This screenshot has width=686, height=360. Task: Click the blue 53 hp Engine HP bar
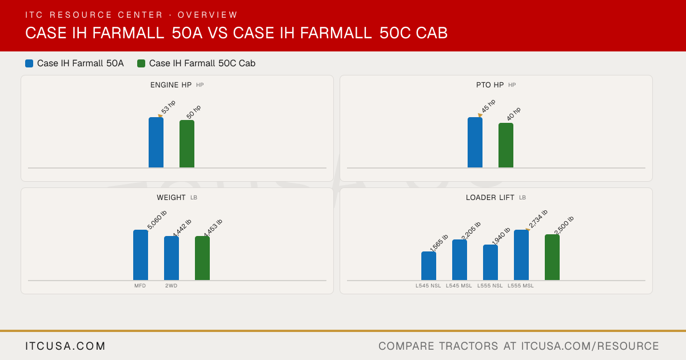[x=156, y=142]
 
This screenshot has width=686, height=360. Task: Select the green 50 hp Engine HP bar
[x=187, y=144]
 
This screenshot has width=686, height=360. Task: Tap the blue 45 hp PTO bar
[x=475, y=142]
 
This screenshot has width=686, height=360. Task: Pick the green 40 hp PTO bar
[x=506, y=145]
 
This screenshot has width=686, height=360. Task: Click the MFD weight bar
[x=141, y=255]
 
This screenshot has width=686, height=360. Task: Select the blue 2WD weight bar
[x=171, y=258]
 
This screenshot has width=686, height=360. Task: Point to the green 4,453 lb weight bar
[x=202, y=258]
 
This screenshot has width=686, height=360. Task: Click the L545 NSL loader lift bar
[x=429, y=266]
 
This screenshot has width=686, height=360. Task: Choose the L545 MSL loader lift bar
[x=460, y=260]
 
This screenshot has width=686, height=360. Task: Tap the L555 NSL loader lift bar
[x=490, y=262]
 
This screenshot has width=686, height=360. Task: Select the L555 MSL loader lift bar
[x=521, y=255]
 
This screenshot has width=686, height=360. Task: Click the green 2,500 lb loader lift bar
[x=552, y=258]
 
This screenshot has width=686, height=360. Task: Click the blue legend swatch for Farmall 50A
[x=29, y=63]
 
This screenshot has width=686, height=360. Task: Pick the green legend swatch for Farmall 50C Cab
[x=141, y=63]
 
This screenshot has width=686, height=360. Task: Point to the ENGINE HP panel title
[x=171, y=85]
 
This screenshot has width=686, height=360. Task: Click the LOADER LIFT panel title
[x=490, y=198]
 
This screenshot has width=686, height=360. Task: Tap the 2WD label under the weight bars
[x=171, y=286]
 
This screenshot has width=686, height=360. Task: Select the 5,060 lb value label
[x=157, y=220]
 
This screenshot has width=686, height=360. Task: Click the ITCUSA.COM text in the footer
[x=65, y=346]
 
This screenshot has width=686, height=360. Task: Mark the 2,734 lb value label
[x=538, y=219]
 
